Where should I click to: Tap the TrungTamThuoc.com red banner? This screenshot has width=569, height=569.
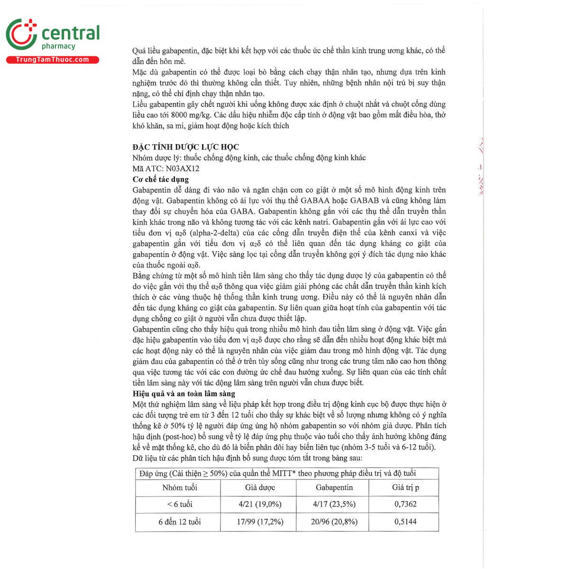[x=52, y=60]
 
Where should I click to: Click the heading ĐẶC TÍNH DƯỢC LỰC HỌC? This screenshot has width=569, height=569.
[x=186, y=147]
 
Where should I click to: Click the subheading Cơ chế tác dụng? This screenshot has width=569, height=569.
[x=161, y=179]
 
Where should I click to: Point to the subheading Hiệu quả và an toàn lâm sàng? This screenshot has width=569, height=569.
[x=184, y=394]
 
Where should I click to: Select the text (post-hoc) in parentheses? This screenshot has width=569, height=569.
[x=180, y=436]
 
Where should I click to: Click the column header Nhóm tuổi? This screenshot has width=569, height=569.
[x=180, y=487]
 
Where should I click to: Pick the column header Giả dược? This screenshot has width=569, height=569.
[x=260, y=487]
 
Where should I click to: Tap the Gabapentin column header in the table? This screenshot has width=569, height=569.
[x=334, y=487]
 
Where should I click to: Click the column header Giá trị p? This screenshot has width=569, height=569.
[x=405, y=487]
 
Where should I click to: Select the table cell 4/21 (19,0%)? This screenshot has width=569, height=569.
[x=260, y=504]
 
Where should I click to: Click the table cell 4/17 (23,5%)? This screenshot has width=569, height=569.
[x=334, y=504]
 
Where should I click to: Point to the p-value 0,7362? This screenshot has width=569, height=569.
[x=405, y=504]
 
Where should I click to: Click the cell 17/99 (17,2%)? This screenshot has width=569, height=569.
[x=260, y=522]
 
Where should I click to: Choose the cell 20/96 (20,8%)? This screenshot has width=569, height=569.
[x=334, y=522]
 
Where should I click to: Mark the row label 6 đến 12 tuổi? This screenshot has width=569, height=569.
[x=180, y=522]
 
